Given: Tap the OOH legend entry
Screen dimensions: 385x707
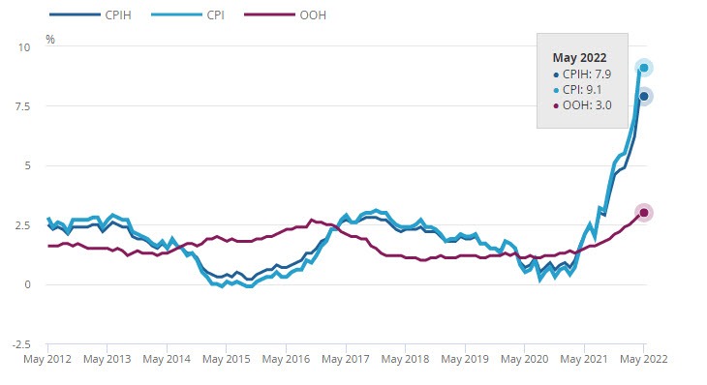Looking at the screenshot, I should click(x=308, y=15).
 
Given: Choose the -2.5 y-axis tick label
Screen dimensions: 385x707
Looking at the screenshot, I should click(x=20, y=344).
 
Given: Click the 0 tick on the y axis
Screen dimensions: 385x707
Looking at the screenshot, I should click(x=27, y=284).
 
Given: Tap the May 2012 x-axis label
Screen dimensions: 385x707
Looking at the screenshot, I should click(x=47, y=358).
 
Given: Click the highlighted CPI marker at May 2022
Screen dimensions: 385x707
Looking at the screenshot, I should click(x=644, y=68).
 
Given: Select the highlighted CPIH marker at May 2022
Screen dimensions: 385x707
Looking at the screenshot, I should click(x=644, y=96).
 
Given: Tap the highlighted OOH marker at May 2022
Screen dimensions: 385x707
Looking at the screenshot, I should click(x=644, y=213).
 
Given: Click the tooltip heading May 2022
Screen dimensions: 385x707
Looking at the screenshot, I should click(x=577, y=57).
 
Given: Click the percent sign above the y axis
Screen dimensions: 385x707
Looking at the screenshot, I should click(x=50, y=41).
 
